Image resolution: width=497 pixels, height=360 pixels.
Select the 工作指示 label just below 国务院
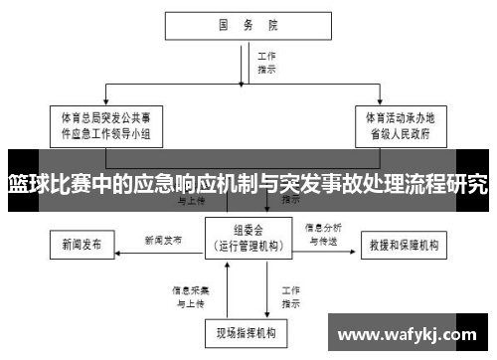[266, 64]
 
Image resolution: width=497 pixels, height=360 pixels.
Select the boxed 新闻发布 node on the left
[82, 244]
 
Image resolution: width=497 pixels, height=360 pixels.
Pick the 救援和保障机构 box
[409, 244]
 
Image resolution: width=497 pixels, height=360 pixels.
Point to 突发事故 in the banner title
[313, 183]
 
